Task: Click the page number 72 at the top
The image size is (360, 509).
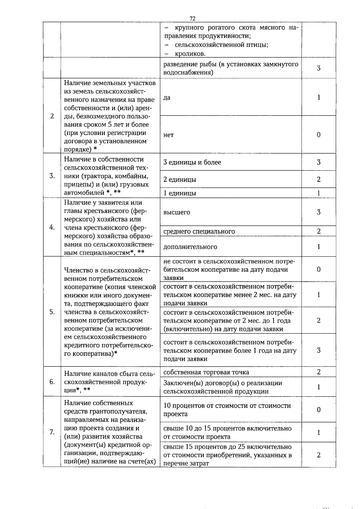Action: [x=193, y=19]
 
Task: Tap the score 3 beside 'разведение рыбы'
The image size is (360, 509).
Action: [x=319, y=68]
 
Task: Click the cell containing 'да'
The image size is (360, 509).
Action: [x=167, y=97]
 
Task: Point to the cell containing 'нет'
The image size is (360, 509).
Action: [x=169, y=135]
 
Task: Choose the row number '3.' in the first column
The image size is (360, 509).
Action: [x=52, y=176]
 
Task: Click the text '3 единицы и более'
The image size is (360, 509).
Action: [x=192, y=162]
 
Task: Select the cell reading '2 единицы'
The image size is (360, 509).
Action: [x=180, y=179]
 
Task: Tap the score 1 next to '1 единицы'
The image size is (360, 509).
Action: [x=319, y=193]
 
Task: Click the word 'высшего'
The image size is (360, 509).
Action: [x=177, y=212]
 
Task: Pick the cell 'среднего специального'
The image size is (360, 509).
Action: [x=199, y=231]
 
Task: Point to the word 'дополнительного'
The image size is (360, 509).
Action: [x=190, y=247]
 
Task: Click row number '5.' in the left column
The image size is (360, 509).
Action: [x=52, y=312]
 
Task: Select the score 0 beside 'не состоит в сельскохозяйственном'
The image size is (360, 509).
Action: [x=319, y=269]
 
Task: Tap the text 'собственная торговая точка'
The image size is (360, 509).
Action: [x=206, y=372]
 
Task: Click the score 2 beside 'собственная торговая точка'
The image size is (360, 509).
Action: [x=319, y=372]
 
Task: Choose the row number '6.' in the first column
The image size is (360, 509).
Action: [x=52, y=382]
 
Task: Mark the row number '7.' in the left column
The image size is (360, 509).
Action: [x=52, y=432]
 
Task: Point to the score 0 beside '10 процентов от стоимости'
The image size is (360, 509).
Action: [x=319, y=410]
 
